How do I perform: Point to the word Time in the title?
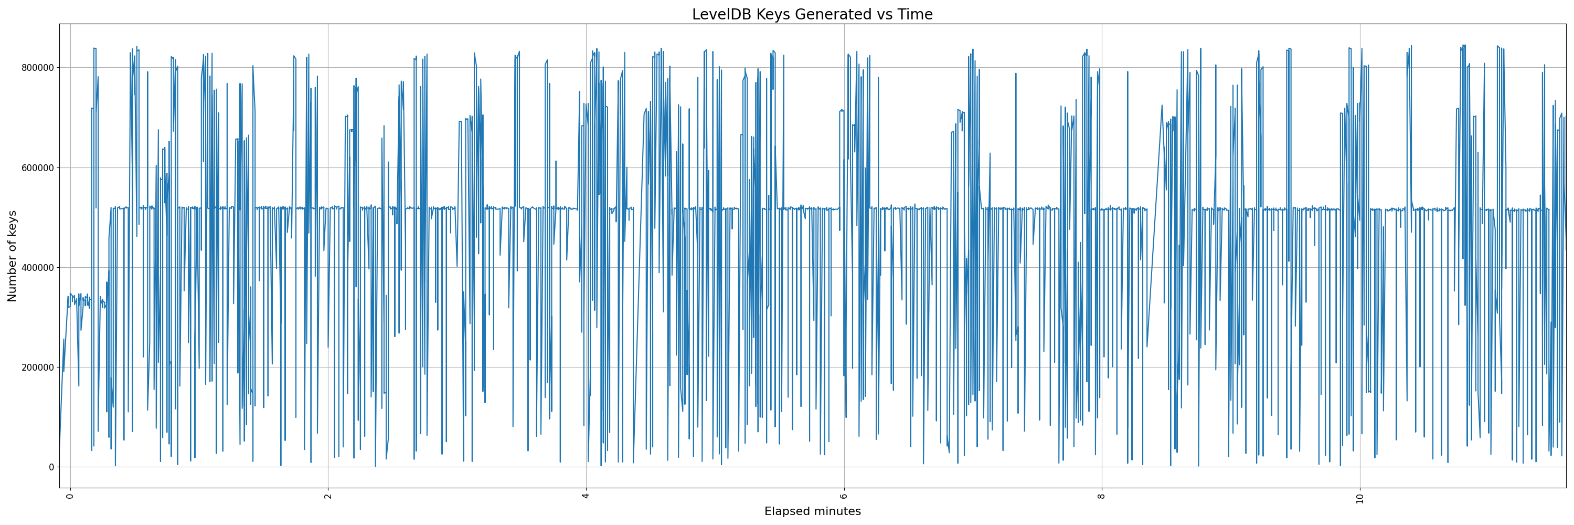click(916, 15)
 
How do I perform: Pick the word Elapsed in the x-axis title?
click(785, 511)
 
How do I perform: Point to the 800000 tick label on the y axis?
click(37, 67)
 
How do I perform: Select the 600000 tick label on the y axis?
click(37, 167)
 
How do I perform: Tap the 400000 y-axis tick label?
click(37, 267)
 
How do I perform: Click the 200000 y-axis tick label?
click(37, 367)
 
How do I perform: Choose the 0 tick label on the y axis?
click(51, 467)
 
